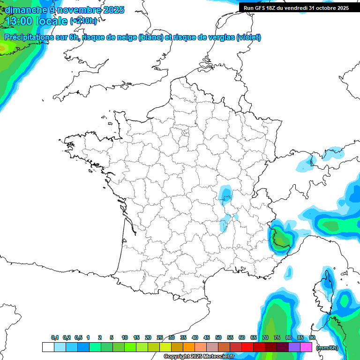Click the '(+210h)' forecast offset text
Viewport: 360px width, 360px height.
(83, 21)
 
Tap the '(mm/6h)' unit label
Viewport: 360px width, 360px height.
(327, 347)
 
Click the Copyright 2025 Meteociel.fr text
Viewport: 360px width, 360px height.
(199, 357)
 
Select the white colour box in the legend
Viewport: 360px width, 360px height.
(48, 347)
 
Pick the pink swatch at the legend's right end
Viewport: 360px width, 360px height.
(306, 347)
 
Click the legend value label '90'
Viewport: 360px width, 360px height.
(312, 337)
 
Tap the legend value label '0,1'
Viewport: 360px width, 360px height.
(55, 337)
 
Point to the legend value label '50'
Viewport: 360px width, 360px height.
(218, 337)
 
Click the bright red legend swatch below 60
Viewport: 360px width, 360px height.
(247, 347)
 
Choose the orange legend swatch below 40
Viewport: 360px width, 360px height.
(189, 347)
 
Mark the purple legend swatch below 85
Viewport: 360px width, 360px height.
(294, 347)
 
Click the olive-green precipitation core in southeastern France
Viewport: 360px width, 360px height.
(281, 241)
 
